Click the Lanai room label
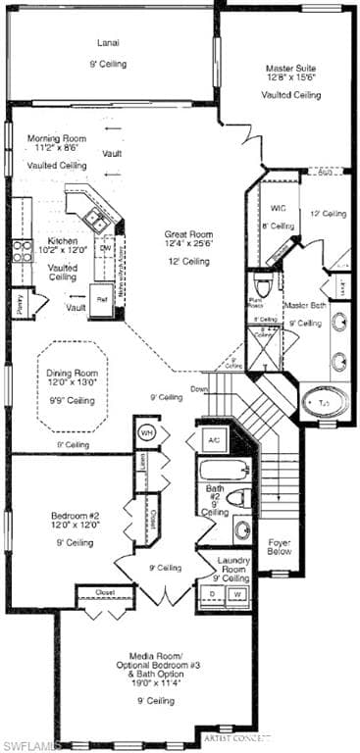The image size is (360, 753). [x=108, y=42]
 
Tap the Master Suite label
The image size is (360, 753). [x=290, y=69]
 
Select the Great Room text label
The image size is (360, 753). [x=188, y=234]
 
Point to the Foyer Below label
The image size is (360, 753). [x=279, y=545]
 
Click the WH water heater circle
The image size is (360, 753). [x=147, y=432]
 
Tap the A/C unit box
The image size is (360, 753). [x=213, y=441]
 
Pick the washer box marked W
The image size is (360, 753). [x=237, y=594]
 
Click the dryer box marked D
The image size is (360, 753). [x=213, y=594]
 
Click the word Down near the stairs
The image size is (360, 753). [x=198, y=389]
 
